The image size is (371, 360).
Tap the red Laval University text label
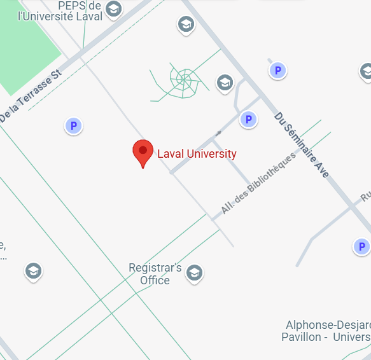point(197,154)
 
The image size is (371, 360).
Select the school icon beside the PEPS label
point(113,9)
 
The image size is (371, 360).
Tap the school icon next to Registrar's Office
point(194,273)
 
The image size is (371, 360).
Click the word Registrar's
point(155,268)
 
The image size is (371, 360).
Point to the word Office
point(155,280)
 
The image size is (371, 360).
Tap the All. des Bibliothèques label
point(258,183)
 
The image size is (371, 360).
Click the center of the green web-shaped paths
point(183,80)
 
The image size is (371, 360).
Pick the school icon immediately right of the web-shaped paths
point(224,82)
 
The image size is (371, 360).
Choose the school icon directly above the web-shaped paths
point(185,25)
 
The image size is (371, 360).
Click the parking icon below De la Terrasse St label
point(74,126)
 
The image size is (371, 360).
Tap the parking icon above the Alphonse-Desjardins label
point(361,246)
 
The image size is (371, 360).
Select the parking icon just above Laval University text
point(248,119)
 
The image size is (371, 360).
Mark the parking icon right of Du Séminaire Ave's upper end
point(277,70)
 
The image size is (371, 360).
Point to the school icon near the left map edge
point(33,271)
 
